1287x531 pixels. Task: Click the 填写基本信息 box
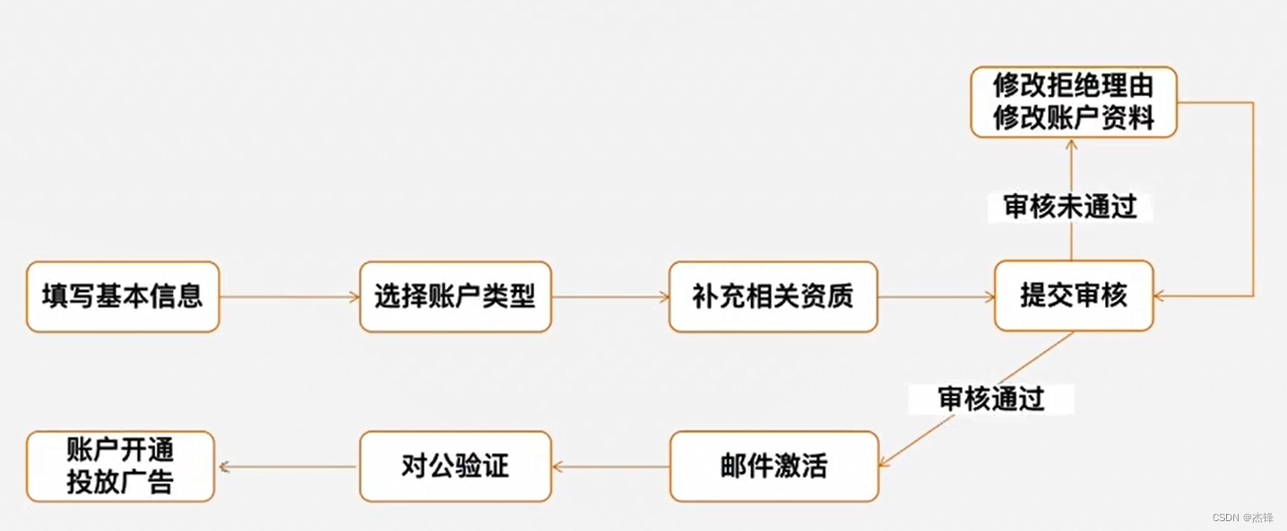(123, 296)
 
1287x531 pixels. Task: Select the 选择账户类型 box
(455, 296)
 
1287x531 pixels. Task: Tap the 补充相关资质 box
(773, 296)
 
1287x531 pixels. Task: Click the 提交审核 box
(1074, 296)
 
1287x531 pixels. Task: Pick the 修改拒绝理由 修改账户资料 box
(1074, 102)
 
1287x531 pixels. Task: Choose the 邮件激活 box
(773, 467)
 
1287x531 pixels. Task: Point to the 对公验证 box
(455, 467)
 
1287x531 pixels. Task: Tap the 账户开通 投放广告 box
(120, 467)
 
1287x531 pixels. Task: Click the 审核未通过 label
(1070, 208)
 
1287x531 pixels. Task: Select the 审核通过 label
(991, 398)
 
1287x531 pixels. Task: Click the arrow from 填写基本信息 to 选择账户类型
(289, 296)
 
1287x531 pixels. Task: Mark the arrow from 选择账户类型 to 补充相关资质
(610, 296)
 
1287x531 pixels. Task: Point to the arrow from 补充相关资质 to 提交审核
(936, 296)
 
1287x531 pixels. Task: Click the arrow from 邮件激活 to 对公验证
(610, 467)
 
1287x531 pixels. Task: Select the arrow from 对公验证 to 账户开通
(287, 467)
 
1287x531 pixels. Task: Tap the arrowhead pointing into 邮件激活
(883, 461)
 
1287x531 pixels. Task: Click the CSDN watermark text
(1242, 518)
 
